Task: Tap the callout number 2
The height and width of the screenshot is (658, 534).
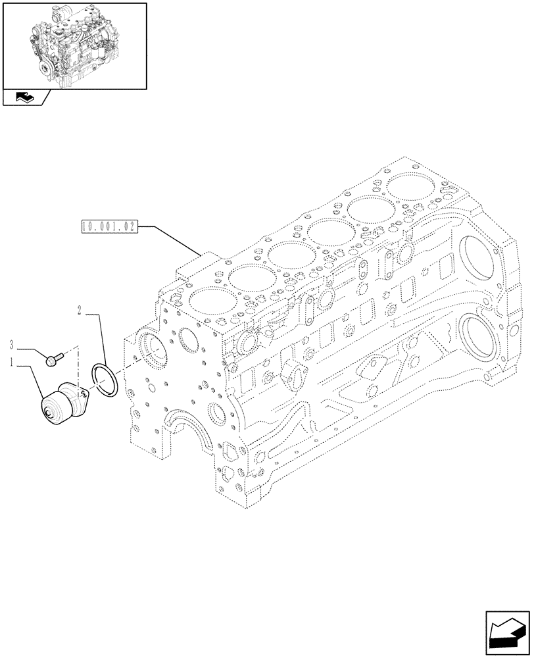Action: [79, 309]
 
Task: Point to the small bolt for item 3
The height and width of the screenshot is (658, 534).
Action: [53, 358]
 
